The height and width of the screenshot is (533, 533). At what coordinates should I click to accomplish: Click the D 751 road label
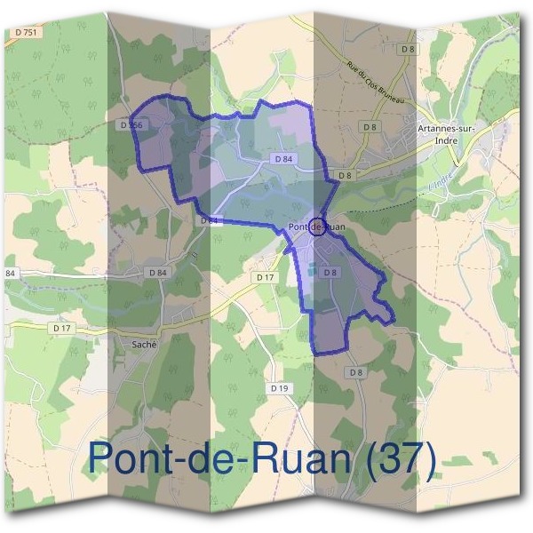[x=27, y=32]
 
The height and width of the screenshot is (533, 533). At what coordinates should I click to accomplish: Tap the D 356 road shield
[x=131, y=125]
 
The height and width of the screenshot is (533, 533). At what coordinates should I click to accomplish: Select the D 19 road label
[x=279, y=388]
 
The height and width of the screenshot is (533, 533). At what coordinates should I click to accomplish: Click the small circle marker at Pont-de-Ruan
[x=318, y=226]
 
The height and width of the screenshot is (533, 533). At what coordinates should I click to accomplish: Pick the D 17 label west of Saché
[x=60, y=328]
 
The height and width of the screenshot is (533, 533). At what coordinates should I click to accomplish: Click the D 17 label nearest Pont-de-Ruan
[x=265, y=278]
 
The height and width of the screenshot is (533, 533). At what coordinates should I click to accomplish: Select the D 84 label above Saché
[x=158, y=272]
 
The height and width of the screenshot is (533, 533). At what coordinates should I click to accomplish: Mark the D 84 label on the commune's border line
[x=210, y=219]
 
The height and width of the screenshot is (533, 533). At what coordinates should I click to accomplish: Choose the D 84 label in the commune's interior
[x=283, y=158]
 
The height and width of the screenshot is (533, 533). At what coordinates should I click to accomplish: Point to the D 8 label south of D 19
[x=355, y=371]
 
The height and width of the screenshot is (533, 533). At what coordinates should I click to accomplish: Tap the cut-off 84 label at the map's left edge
[x=11, y=273]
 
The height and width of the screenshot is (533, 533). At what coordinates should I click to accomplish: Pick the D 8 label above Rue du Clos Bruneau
[x=408, y=49]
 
